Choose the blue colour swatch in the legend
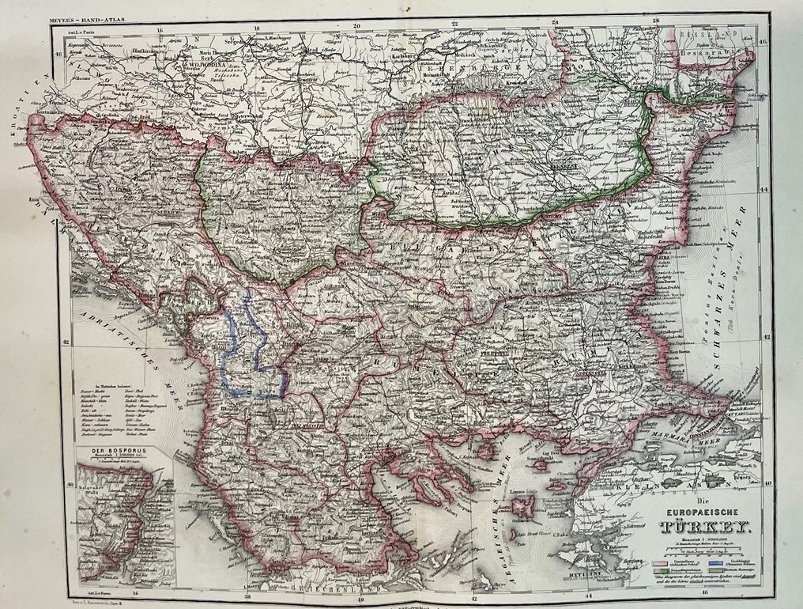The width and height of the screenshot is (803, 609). point(715,562)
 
